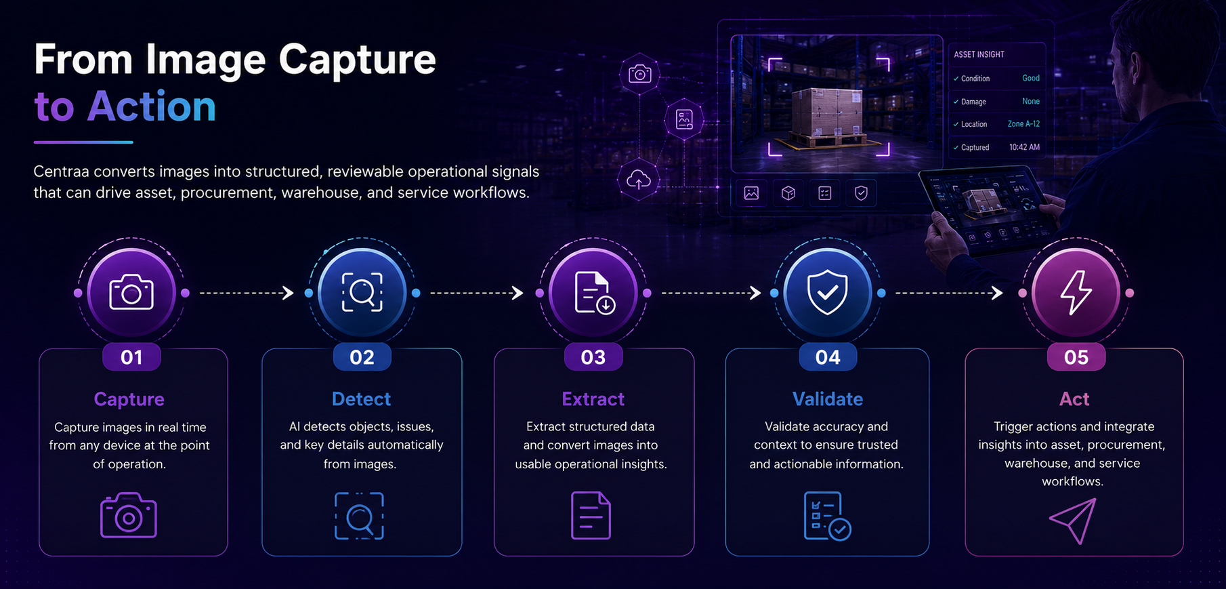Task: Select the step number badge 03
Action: pos(593,357)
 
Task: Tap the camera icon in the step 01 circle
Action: pos(131,292)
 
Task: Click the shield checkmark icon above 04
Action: pos(827,292)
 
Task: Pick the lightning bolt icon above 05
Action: pos(1076,292)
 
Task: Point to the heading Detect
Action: pos(361,399)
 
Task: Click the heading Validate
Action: pos(828,399)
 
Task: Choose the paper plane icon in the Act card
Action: pos(1074,521)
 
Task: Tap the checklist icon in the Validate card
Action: pos(827,516)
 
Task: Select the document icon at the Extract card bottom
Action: pos(591,516)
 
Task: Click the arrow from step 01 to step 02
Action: pos(247,293)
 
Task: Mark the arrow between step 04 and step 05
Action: pos(949,293)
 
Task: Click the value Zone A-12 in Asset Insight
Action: pos(1023,124)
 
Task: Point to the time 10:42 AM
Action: pos(1024,147)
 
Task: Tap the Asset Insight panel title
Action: pos(979,54)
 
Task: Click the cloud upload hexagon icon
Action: pos(639,180)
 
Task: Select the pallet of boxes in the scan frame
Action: pos(828,117)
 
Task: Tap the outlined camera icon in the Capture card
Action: pos(129,515)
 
